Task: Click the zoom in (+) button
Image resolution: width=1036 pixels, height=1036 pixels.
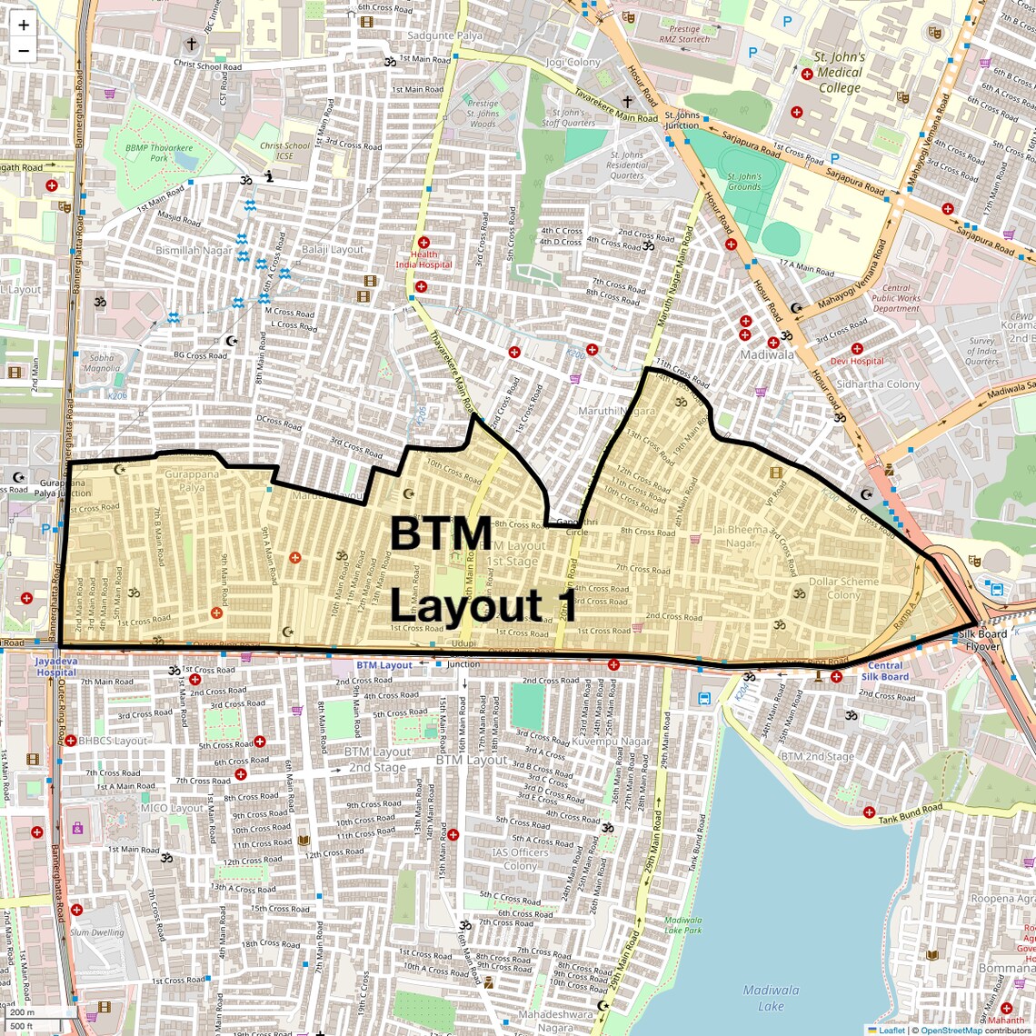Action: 24,25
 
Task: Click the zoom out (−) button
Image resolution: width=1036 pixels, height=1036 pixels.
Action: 24,51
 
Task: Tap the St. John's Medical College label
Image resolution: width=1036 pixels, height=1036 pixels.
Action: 839,72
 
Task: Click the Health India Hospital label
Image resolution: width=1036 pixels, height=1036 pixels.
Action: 423,260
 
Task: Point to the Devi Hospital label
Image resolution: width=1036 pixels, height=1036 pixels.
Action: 855,361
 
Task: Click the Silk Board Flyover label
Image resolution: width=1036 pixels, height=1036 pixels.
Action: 981,641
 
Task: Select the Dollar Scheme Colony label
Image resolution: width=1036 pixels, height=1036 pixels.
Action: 843,588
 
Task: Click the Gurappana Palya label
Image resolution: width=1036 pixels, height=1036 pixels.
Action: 192,481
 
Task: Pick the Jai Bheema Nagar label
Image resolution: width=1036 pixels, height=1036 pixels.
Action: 741,536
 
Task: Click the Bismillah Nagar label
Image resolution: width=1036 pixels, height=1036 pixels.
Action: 194,250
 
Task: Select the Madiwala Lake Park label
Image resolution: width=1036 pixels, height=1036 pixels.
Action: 682,924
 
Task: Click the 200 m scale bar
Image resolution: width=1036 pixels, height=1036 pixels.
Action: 33,1011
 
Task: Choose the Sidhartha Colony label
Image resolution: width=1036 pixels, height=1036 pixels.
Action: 878,384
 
